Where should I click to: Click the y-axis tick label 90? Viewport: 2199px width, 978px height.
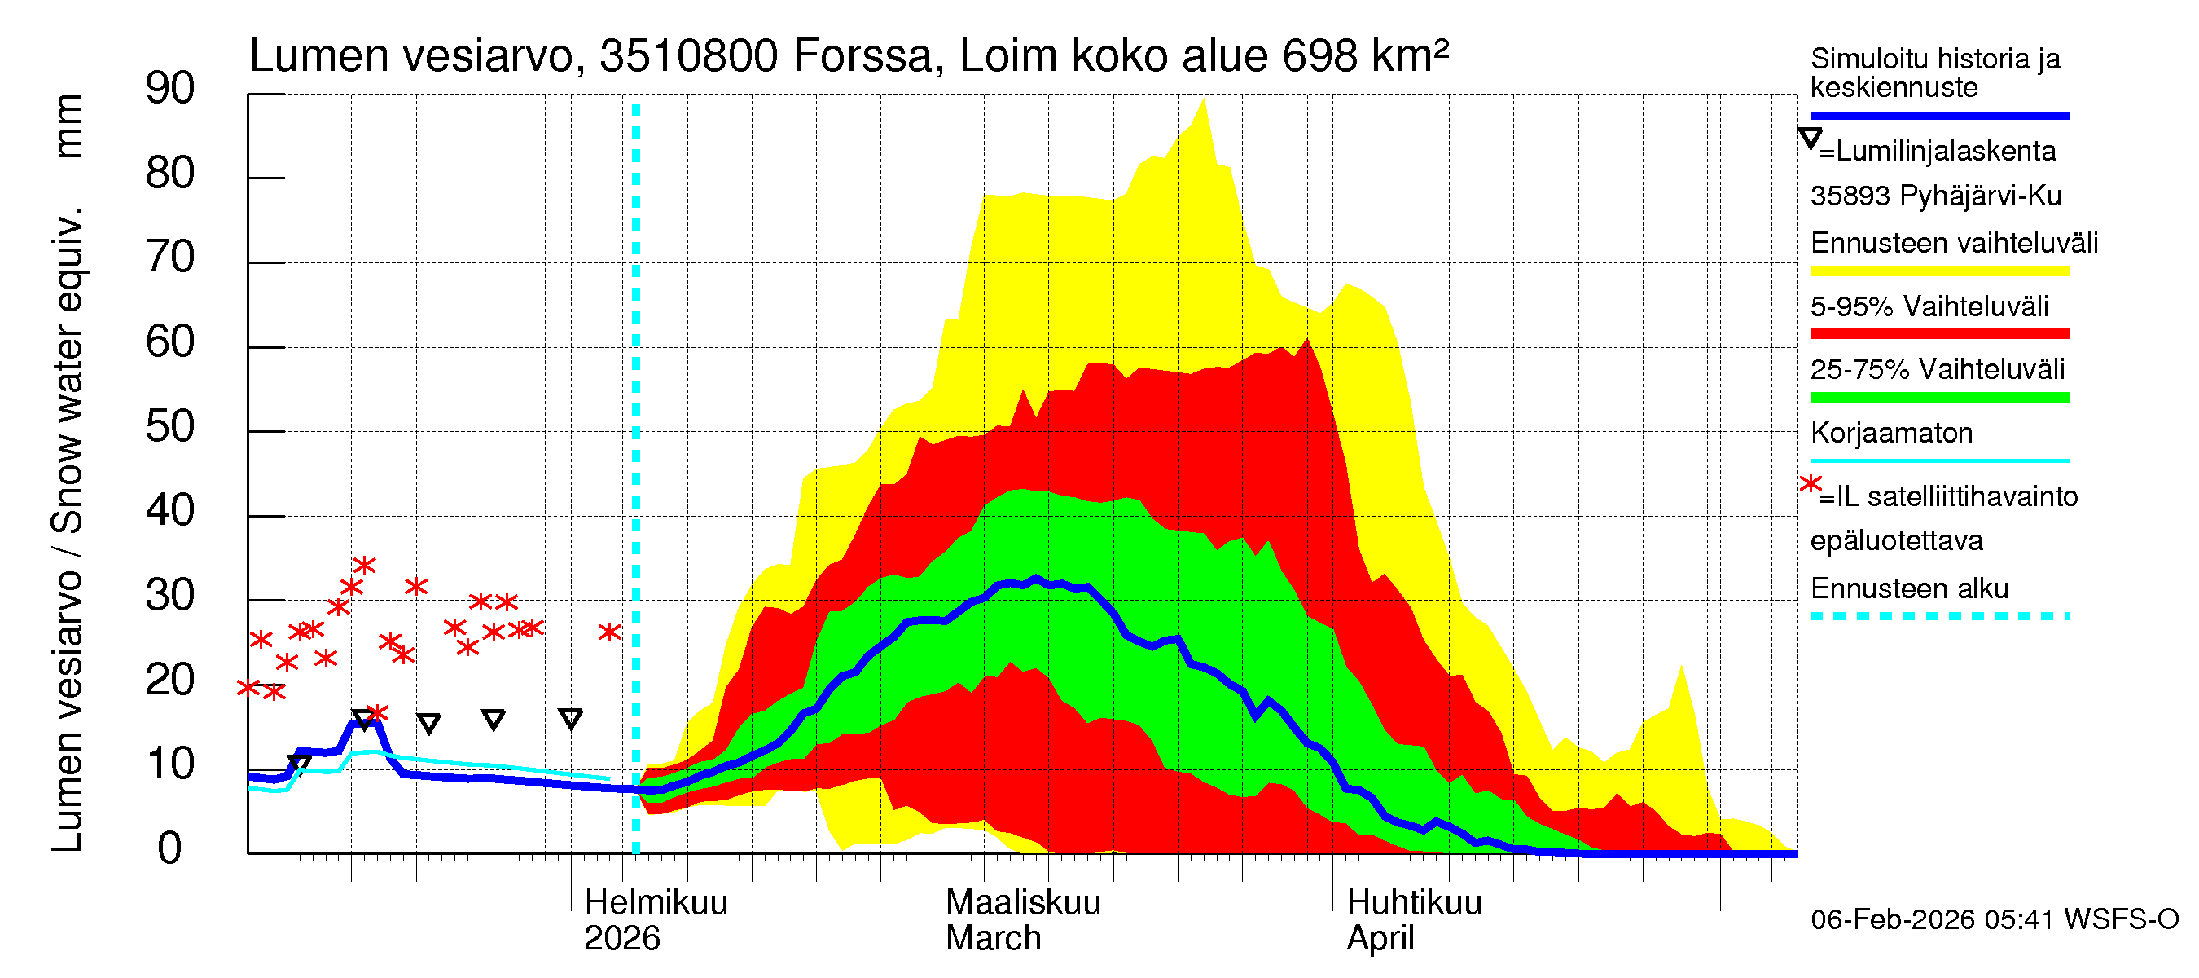170,89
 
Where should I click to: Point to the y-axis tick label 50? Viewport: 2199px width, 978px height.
170,427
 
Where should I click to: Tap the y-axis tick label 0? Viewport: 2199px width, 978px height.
170,849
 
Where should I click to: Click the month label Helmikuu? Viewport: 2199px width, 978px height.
656,903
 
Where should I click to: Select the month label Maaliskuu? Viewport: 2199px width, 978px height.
1023,903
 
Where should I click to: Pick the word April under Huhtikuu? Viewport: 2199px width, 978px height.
1380,939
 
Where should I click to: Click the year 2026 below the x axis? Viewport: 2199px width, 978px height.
621,939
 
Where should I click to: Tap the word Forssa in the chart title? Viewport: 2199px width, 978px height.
862,56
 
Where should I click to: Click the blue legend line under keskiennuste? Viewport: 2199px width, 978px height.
1938,115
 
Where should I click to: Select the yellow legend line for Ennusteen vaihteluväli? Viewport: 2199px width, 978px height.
1938,271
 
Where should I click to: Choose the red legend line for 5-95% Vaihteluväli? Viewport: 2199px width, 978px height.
1938,334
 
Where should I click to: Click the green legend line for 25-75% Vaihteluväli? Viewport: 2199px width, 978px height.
1938,397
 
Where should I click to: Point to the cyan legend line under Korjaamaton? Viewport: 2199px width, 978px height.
1938,460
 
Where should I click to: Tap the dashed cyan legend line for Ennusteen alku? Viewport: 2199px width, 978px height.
1938,616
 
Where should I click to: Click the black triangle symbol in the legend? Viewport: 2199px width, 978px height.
1809,139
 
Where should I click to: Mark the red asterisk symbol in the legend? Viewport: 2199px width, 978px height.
1809,484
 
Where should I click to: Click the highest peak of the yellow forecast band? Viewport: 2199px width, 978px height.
1204,100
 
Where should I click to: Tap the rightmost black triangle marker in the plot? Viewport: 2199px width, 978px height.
570,718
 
